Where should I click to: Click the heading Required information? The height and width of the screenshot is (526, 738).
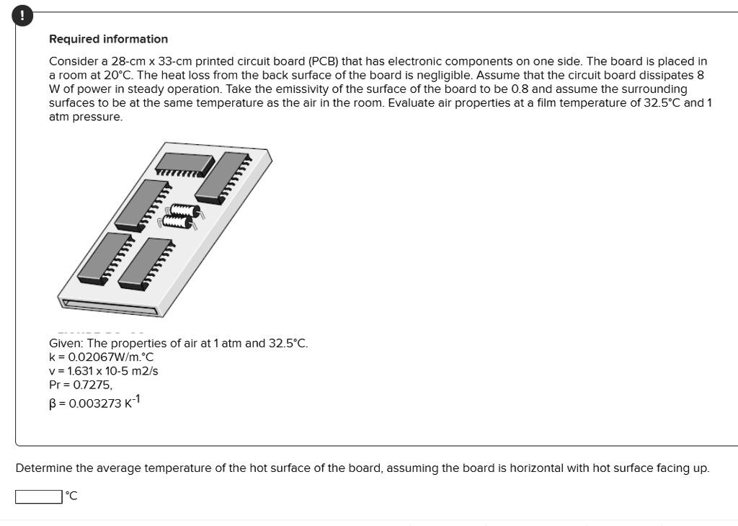click(x=108, y=39)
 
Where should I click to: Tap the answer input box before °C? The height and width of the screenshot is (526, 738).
click(x=38, y=496)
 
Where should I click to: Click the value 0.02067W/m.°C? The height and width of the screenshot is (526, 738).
click(x=107, y=357)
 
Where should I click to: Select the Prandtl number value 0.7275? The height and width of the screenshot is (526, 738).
click(x=92, y=385)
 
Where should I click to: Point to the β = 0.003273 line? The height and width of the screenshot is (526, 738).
click(x=94, y=402)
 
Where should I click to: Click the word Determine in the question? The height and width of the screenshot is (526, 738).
click(x=44, y=468)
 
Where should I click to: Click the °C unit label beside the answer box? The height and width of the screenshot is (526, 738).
click(x=71, y=496)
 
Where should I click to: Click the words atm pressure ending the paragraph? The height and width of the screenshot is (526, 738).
click(x=86, y=117)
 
